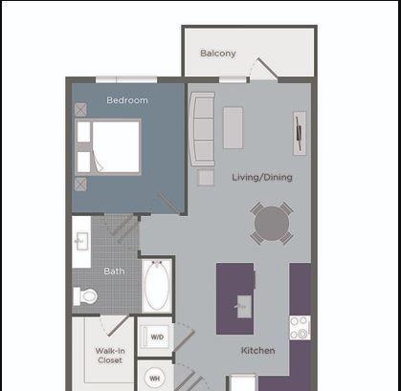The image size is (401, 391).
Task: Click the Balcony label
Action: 218,54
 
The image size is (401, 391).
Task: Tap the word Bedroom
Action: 127,100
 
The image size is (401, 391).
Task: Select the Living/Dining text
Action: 262,177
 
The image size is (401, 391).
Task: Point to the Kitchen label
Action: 257,351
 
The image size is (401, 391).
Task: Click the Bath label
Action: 114,272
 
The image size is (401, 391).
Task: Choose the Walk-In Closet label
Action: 110,356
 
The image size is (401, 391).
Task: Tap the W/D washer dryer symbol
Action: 157,337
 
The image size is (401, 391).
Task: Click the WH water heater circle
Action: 155,379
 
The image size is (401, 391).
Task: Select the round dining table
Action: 272,223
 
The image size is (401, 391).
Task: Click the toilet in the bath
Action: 85,296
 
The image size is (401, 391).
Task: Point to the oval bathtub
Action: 157,286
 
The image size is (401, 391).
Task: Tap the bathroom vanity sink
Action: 81,242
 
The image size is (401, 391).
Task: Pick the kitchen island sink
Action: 244,307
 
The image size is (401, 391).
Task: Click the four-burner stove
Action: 300,328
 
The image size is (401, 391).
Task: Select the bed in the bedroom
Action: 108,146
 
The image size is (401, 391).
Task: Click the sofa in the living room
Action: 202,129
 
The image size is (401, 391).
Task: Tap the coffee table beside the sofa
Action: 233,128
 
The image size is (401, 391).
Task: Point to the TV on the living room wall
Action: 300,133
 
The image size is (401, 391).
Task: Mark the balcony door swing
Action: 262,68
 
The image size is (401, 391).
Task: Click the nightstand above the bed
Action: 80,109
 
